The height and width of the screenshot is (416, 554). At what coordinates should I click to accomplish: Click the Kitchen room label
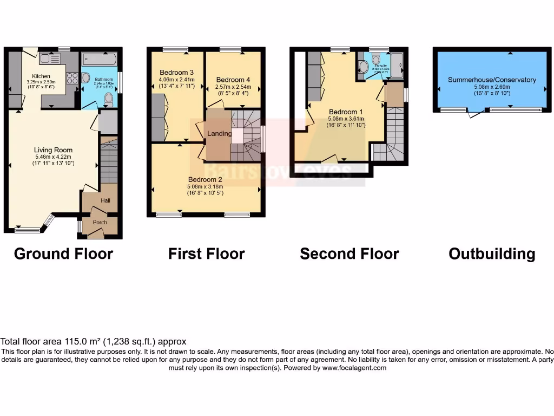pyautogui.click(x=41, y=76)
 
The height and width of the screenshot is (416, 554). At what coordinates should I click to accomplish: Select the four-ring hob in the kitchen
pyautogui.click(x=71, y=78)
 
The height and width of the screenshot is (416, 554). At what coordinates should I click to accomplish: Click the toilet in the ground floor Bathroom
pyautogui.click(x=108, y=99)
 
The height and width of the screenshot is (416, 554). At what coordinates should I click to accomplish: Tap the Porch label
pyautogui.click(x=100, y=222)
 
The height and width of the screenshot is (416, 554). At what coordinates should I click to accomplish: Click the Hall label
pyautogui.click(x=105, y=200)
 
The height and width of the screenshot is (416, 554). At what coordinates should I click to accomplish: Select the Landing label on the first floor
pyautogui.click(x=220, y=134)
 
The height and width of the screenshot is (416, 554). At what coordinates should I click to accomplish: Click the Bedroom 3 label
pyautogui.click(x=176, y=73)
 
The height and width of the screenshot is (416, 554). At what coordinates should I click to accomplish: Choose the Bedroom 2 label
pyautogui.click(x=205, y=180)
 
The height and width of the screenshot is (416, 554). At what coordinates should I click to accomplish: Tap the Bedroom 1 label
pyautogui.click(x=346, y=112)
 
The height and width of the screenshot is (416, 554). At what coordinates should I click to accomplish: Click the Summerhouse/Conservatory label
pyautogui.click(x=492, y=80)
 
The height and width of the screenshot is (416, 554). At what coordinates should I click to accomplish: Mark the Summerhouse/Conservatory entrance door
pyautogui.click(x=476, y=113)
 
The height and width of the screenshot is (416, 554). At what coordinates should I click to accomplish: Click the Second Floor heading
pyautogui.click(x=349, y=253)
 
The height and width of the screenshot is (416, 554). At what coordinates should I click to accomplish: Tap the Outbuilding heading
pyautogui.click(x=492, y=253)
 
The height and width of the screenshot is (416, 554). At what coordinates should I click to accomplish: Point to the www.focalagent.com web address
pyautogui.click(x=354, y=368)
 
